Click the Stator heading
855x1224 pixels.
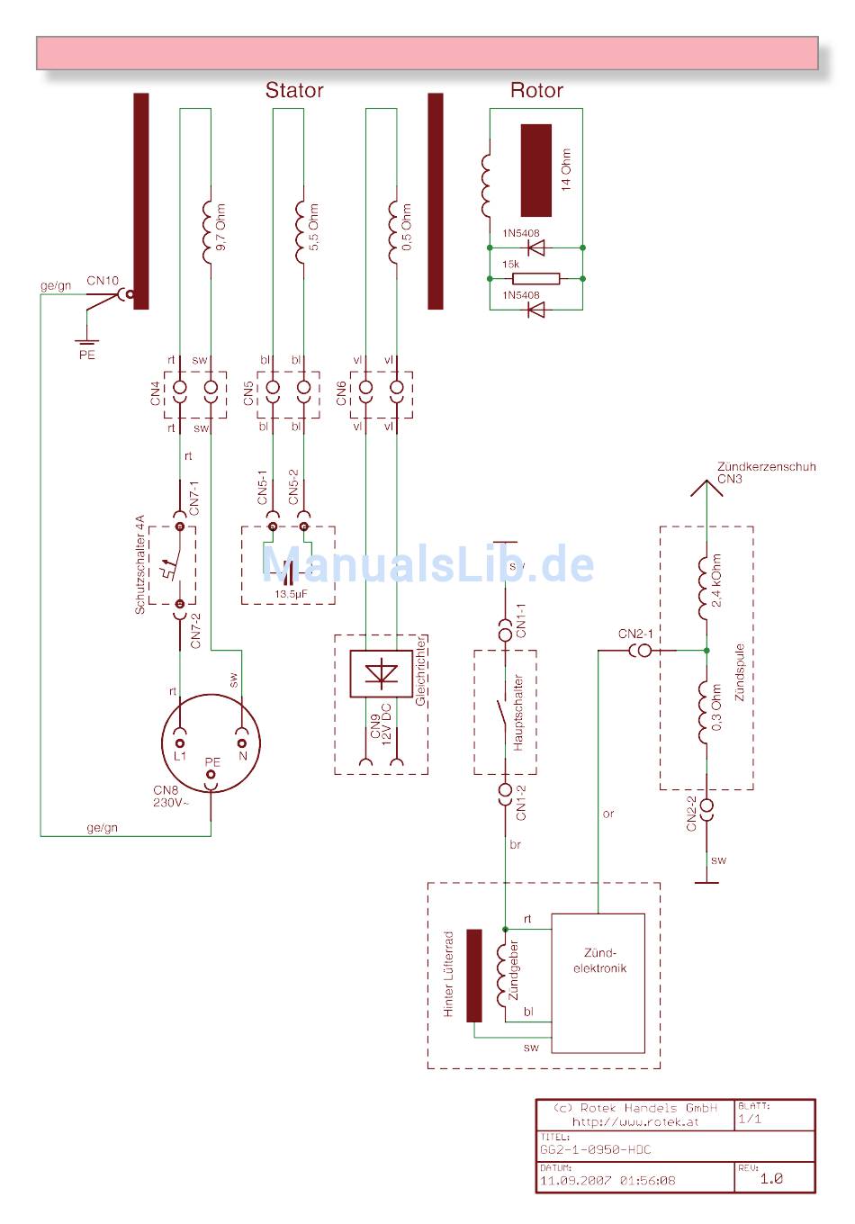click(x=293, y=90)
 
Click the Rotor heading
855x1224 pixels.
click(x=536, y=90)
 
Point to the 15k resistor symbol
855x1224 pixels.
click(x=535, y=278)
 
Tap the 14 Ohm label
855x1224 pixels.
click(x=566, y=169)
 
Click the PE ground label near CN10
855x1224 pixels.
click(x=86, y=355)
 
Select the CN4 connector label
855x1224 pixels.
click(x=156, y=394)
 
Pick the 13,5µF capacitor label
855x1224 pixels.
click(x=292, y=595)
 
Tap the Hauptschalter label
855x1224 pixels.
click(x=518, y=714)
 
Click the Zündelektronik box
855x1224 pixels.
click(x=598, y=983)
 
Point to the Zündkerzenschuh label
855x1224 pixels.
click(x=766, y=467)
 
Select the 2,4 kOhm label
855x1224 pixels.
click(x=716, y=581)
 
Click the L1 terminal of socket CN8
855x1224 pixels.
click(x=180, y=743)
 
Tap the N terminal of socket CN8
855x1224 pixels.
click(x=241, y=743)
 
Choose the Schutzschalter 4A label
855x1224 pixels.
click(x=139, y=565)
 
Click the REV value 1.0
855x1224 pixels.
click(x=771, y=1178)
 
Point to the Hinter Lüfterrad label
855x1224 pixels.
click(x=449, y=975)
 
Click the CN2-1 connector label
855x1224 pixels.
click(x=635, y=634)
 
